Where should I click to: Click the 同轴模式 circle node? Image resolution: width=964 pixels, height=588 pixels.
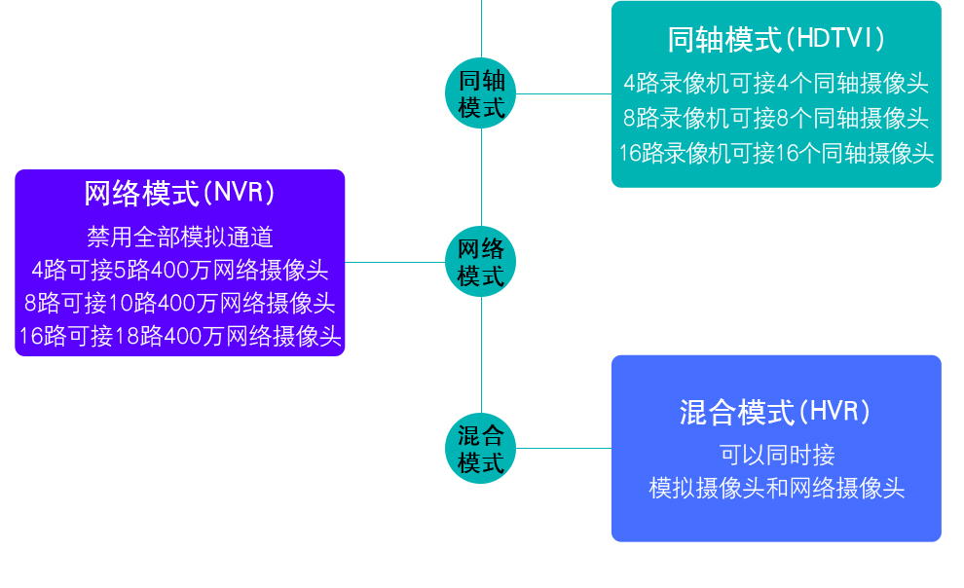point(481,93)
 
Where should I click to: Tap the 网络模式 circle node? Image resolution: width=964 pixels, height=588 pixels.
point(481,262)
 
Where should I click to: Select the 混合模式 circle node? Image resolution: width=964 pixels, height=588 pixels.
point(481,448)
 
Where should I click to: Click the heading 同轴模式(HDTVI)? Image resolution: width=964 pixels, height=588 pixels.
point(776,39)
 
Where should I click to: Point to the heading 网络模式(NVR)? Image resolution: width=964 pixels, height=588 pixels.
point(179,193)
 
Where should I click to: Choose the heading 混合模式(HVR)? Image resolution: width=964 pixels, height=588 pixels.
point(775,412)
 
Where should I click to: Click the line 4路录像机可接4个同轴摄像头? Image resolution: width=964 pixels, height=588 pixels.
point(776,83)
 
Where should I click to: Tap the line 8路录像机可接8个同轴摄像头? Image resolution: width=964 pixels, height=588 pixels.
point(776,118)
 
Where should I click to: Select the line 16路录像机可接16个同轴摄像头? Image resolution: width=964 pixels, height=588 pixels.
point(776,153)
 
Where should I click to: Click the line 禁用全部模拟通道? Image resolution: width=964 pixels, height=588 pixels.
point(180,237)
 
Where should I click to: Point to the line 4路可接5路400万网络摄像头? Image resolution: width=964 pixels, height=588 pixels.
point(180,270)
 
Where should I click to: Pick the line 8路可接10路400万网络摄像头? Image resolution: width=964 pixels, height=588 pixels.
point(180,303)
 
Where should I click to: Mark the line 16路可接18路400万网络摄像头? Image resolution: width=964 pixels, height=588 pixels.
point(180,336)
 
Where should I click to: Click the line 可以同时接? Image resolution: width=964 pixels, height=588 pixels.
point(777,455)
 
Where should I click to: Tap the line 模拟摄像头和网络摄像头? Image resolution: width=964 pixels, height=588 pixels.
point(777,489)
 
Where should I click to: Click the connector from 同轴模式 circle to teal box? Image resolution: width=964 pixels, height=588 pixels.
point(564,94)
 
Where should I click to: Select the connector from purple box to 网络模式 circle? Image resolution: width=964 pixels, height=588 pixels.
point(394,262)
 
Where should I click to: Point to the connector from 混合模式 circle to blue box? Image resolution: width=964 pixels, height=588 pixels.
point(564,449)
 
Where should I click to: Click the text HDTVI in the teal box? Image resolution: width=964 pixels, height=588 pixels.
point(835,39)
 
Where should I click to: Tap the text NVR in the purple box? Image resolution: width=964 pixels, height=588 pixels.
point(239,193)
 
